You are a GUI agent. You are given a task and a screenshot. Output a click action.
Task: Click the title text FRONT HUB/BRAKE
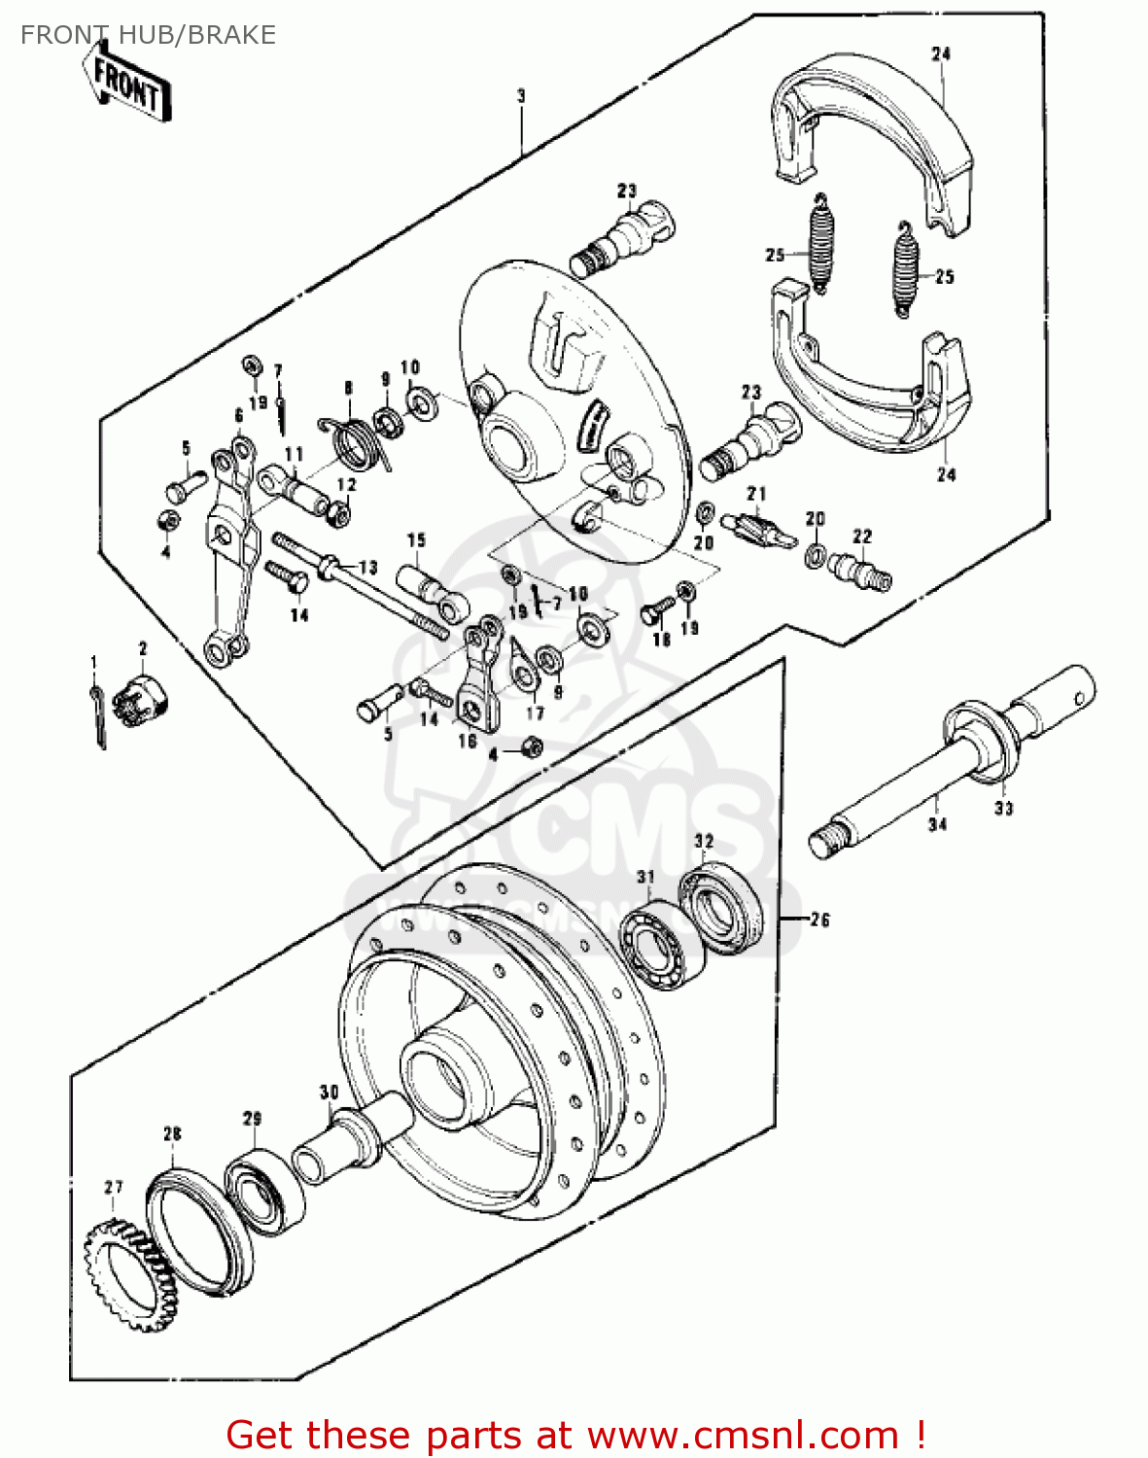[x=148, y=35]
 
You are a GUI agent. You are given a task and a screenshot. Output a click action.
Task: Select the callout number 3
[x=521, y=96]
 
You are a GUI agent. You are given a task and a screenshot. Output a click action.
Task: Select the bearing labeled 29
[x=264, y=1191]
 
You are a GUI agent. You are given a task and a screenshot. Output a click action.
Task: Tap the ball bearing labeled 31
[x=661, y=945]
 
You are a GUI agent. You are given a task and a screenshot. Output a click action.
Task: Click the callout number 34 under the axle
[x=937, y=824]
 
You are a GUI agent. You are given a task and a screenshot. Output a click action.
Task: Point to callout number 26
[x=819, y=920]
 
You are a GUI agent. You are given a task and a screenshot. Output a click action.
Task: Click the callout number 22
[x=862, y=537]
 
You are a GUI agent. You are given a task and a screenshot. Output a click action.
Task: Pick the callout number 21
[x=756, y=495]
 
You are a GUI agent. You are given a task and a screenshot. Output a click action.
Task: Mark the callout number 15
[x=416, y=540]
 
